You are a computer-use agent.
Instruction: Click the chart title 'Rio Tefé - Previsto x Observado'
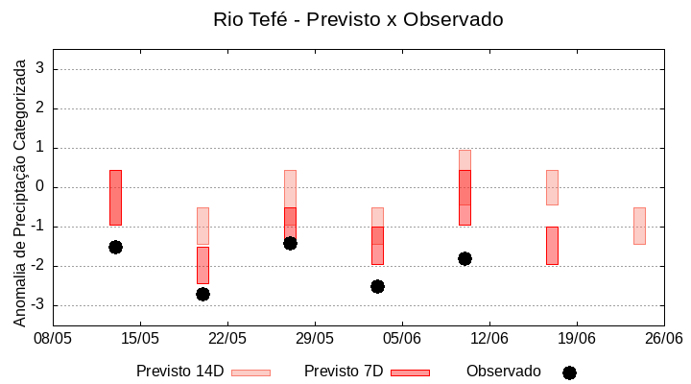tap(358, 19)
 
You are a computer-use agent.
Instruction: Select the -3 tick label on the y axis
tap(37, 305)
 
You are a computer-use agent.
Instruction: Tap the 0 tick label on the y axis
tap(40, 187)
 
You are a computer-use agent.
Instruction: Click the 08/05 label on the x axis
tap(53, 338)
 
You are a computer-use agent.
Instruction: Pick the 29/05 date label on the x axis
tap(315, 338)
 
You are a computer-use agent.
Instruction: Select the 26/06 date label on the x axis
tap(663, 338)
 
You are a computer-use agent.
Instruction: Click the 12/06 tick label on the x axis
tap(489, 338)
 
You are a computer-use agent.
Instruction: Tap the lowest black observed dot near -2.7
tap(203, 294)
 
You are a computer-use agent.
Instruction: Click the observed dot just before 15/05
tap(115, 247)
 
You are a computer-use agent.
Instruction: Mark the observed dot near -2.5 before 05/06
tap(377, 286)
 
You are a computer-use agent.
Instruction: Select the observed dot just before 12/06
tap(465, 258)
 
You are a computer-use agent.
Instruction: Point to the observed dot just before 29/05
tap(290, 243)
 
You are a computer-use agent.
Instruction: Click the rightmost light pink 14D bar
tap(639, 226)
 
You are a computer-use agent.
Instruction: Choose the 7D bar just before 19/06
tap(552, 245)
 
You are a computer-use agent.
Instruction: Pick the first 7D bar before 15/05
tap(115, 197)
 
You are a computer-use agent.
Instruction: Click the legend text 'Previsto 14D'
tap(179, 372)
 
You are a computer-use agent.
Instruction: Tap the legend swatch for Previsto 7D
tap(410, 372)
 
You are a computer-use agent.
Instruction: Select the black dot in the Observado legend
tap(569, 372)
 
